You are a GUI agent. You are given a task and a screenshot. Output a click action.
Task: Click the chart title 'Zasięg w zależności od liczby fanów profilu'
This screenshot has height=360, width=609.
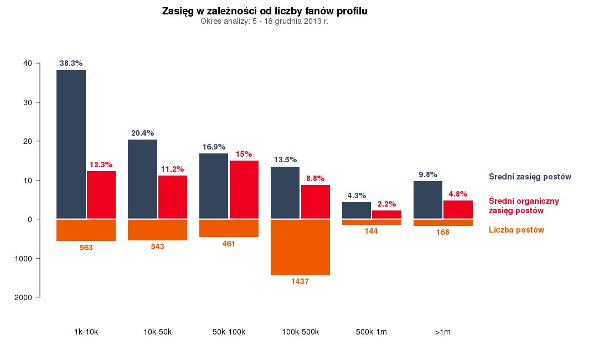point(265,11)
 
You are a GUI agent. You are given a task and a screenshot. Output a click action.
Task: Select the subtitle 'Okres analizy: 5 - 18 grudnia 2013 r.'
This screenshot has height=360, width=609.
point(265,22)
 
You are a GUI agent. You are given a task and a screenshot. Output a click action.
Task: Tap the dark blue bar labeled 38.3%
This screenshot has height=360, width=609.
point(71,144)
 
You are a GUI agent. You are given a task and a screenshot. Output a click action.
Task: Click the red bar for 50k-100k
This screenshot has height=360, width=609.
point(244,189)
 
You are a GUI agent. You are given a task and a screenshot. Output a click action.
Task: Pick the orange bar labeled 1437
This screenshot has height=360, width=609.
point(300,247)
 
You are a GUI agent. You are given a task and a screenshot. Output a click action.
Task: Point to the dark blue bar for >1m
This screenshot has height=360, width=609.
point(428,200)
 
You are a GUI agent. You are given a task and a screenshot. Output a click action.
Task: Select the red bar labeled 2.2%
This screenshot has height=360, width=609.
point(386,214)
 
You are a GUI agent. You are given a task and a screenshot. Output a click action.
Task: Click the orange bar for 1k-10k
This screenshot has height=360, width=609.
point(86,230)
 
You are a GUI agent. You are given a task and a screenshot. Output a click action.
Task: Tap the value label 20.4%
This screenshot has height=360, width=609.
point(143,133)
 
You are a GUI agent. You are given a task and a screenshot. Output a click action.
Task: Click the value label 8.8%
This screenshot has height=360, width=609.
point(315,178)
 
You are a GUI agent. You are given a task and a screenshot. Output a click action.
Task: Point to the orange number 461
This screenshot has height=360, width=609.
point(229,244)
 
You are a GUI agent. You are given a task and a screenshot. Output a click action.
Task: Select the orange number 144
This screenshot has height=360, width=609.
point(371,231)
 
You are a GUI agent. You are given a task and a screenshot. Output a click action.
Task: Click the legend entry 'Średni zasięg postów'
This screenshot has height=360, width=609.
point(530,177)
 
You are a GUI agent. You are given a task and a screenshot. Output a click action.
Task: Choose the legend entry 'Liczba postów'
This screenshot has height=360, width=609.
point(517,230)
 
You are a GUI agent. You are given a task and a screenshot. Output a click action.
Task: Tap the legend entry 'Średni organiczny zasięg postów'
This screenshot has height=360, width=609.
point(524,205)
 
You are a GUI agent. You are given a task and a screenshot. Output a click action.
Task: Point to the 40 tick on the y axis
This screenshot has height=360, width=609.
point(28,63)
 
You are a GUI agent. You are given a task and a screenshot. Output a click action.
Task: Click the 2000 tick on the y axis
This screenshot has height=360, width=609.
point(24,297)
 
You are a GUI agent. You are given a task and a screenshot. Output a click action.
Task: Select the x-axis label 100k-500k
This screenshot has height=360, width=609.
point(300,332)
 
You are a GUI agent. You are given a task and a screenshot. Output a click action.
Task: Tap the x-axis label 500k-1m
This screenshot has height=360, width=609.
point(371,332)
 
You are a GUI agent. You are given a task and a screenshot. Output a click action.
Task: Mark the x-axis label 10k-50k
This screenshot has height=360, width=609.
point(157,332)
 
